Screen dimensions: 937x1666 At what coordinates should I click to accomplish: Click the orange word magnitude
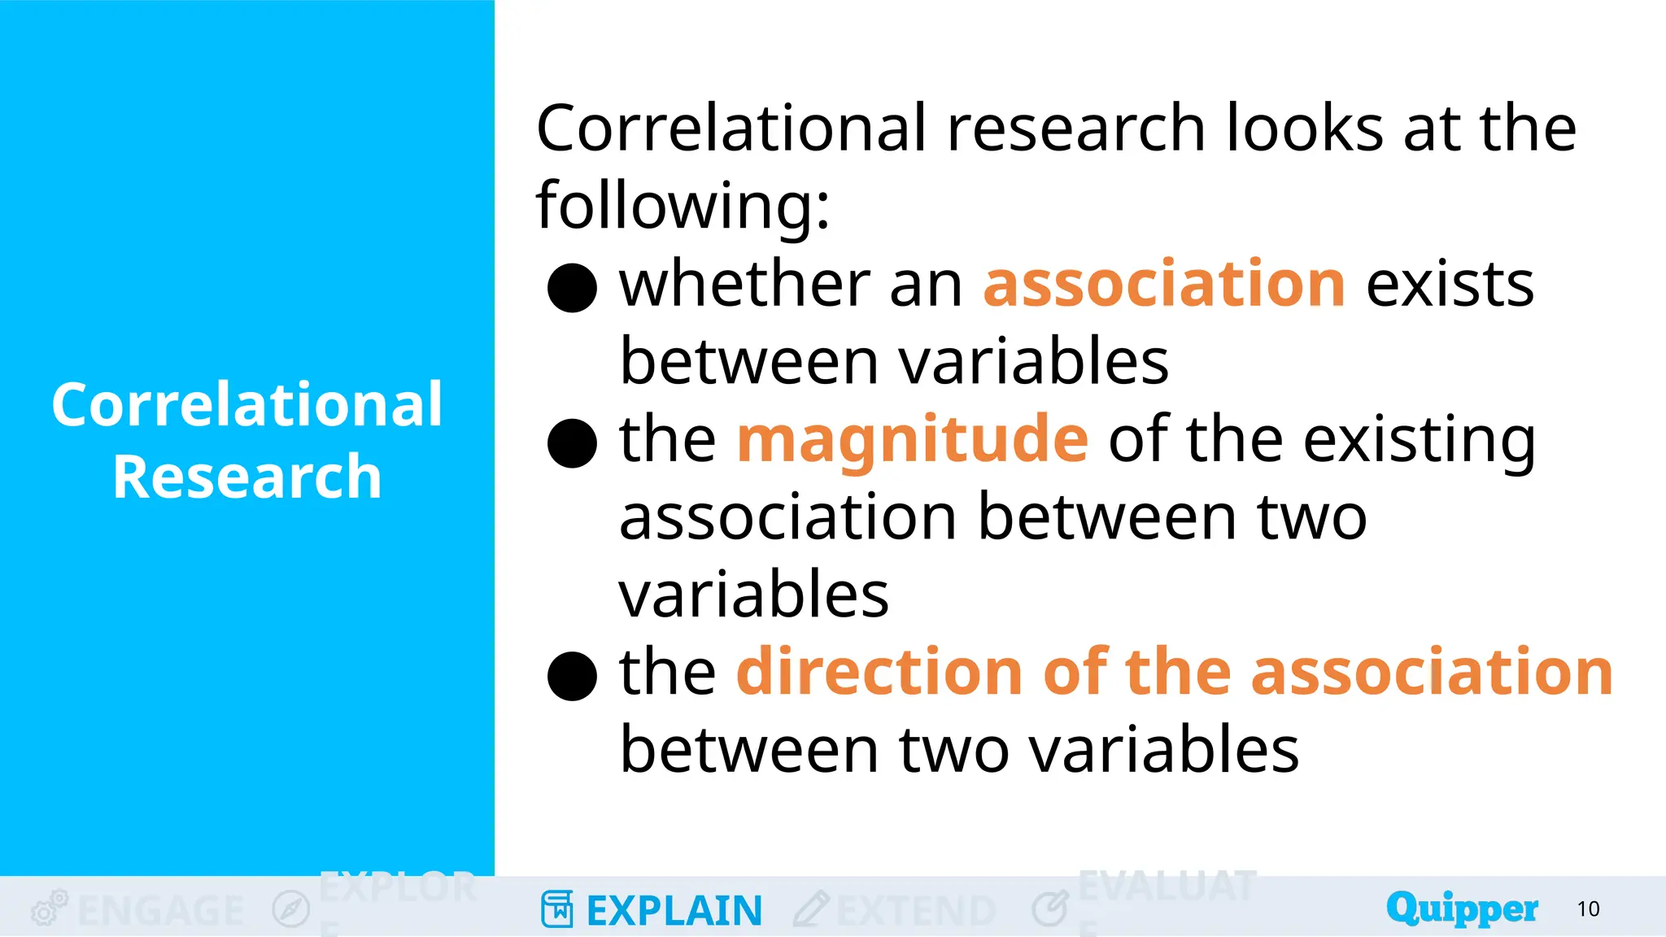pos(912,439)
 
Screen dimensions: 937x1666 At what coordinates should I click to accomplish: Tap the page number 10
pos(1588,909)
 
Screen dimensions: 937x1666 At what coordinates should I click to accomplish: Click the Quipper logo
pos(1462,908)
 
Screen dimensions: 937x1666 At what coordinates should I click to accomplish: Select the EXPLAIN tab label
pos(674,910)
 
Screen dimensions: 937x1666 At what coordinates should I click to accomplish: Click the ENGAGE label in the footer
pos(160,910)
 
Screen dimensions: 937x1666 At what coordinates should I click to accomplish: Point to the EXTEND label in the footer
pos(916,910)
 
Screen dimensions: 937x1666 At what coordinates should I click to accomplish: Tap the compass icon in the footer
pos(290,909)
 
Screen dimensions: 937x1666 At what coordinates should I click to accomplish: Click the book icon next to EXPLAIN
pos(557,909)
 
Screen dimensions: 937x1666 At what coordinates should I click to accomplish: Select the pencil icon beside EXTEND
pos(811,909)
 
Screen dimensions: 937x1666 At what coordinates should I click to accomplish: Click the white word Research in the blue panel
pos(247,477)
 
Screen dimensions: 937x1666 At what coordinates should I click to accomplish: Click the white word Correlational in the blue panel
pos(247,404)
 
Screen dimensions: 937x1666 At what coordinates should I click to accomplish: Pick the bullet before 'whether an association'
pos(573,288)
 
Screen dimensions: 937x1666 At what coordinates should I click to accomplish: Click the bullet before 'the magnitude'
pos(573,443)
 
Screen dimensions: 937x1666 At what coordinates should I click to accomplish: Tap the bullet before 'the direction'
pos(573,676)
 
